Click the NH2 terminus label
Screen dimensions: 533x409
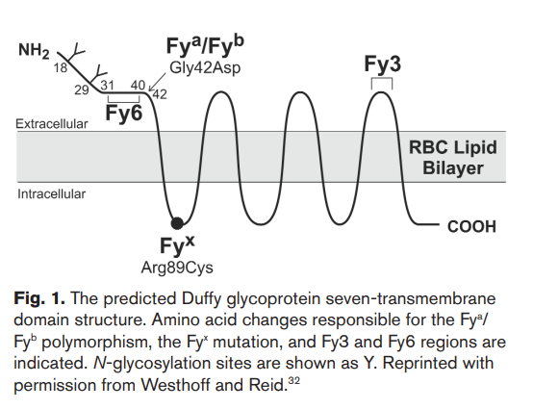(34, 51)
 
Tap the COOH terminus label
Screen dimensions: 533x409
(471, 227)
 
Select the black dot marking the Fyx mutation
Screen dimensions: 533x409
(177, 223)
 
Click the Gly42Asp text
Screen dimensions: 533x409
(205, 68)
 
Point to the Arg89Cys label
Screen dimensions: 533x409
(177, 268)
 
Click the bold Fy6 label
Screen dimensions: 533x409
(124, 113)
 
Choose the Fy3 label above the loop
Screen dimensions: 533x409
(382, 64)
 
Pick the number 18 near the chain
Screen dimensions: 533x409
(61, 68)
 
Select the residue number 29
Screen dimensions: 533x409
(82, 90)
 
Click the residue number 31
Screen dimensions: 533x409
(107, 85)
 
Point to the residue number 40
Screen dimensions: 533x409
(138, 85)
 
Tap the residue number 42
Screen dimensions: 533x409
(160, 94)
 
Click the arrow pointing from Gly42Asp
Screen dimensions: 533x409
(158, 82)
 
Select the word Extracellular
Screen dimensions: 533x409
(52, 124)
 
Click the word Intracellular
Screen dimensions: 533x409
(52, 194)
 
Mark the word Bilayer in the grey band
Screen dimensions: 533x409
(453, 168)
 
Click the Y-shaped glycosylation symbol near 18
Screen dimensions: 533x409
(75, 52)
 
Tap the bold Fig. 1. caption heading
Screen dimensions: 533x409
(39, 298)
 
